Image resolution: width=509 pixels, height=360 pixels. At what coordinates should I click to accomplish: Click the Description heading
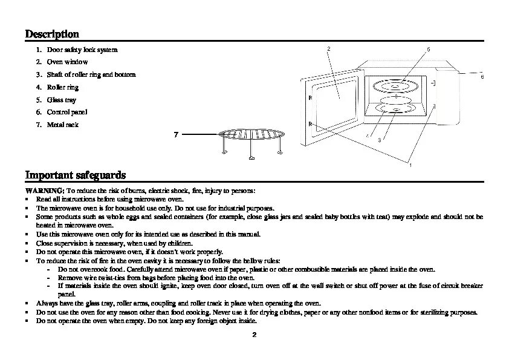(x=52, y=34)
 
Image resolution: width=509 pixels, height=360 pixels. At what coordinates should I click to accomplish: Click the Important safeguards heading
(x=76, y=175)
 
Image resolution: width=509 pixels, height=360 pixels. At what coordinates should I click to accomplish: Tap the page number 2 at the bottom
(x=254, y=335)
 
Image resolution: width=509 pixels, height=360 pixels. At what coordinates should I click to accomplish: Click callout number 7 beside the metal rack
(x=175, y=134)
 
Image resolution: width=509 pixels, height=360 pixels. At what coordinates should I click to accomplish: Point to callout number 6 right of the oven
(x=482, y=77)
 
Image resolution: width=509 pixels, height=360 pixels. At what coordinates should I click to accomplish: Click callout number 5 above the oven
(x=428, y=49)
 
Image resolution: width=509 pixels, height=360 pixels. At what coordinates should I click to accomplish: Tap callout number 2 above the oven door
(x=328, y=48)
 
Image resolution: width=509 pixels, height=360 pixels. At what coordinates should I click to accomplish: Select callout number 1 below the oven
(x=410, y=165)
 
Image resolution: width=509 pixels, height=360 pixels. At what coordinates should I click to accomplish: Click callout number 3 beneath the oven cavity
(x=379, y=140)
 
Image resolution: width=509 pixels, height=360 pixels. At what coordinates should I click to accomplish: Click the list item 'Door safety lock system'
(x=82, y=50)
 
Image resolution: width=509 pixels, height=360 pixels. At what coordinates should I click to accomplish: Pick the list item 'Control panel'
(x=67, y=113)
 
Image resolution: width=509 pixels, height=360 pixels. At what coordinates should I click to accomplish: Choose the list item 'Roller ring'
(x=63, y=87)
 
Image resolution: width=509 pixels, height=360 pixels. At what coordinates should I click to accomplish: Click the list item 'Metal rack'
(x=63, y=125)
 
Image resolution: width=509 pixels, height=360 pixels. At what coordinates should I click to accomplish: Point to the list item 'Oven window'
(x=67, y=62)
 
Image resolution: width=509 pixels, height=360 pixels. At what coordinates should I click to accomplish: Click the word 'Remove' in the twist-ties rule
(x=69, y=277)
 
